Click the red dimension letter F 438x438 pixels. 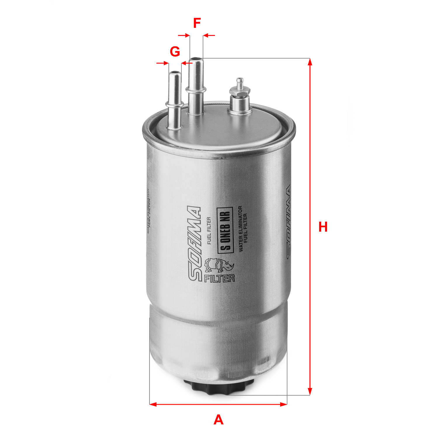(197, 23)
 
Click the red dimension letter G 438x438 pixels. (175, 52)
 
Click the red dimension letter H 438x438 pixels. (323, 227)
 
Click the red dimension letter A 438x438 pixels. (218, 420)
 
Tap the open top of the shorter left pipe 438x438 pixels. (175, 72)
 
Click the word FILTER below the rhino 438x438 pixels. (219, 278)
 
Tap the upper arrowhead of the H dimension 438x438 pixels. (310, 62)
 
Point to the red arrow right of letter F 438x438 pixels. (209, 35)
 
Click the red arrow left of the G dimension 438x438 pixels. (163, 63)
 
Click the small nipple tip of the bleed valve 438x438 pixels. (239, 79)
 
